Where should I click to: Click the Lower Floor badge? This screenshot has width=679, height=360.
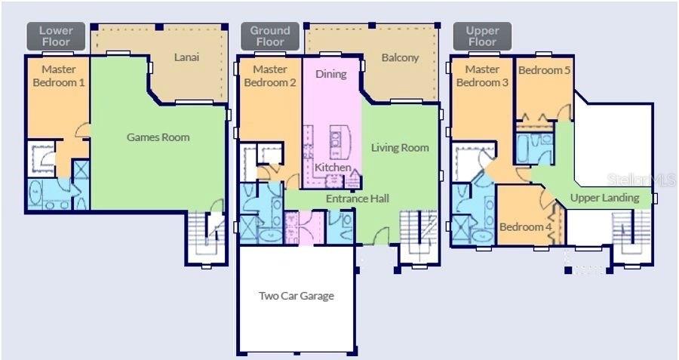(56, 36)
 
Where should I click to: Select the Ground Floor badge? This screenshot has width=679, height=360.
(269, 36)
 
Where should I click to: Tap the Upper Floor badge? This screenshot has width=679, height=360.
(482, 36)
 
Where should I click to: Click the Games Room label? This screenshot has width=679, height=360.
(158, 137)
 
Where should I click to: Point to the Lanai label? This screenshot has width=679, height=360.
(186, 57)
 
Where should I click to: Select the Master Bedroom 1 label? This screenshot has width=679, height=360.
(57, 75)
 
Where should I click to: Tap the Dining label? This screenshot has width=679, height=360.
(330, 74)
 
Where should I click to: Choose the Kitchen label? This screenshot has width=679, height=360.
(332, 167)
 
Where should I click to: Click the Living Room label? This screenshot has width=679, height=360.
(400, 148)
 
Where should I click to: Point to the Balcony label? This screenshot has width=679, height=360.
(400, 57)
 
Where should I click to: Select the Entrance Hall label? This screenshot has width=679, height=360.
(357, 198)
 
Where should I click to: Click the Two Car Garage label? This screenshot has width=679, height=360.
(296, 296)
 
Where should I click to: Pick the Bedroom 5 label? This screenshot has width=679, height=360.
(545, 70)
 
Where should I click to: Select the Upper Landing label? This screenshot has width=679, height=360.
(604, 198)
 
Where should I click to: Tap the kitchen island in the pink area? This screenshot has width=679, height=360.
(336, 140)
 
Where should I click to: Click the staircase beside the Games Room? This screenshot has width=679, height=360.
(206, 234)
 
